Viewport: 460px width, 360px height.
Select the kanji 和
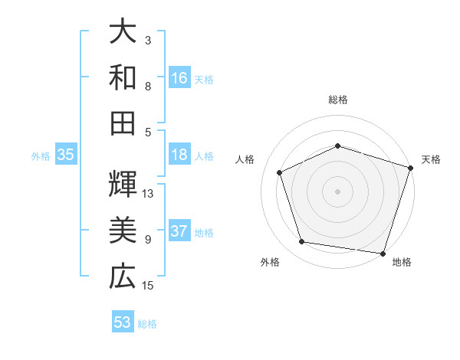(123, 77)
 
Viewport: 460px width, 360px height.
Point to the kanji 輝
(123, 184)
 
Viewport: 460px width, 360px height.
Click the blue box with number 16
(179, 78)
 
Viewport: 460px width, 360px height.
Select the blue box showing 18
(179, 155)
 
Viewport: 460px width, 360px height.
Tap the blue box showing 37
(179, 232)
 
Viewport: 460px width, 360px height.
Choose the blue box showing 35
(65, 155)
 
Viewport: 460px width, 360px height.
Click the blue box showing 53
(123, 322)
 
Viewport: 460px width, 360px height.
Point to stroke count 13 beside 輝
(149, 193)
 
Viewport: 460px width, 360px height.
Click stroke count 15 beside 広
(149, 286)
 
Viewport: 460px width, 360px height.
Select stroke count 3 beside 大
(148, 40)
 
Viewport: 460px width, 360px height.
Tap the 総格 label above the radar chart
(338, 100)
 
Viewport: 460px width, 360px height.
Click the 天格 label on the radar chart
(431, 159)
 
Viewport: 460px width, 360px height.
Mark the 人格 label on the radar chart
(245, 159)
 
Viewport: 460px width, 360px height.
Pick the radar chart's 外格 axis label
(270, 262)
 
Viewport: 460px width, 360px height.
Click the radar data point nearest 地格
(383, 253)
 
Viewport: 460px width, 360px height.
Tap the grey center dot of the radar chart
(338, 191)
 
